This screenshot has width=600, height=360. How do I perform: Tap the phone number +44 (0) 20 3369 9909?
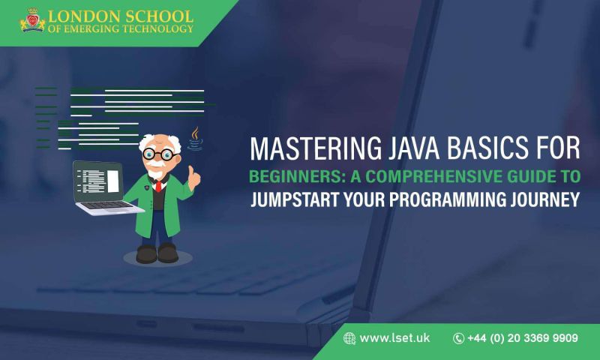pos(522,338)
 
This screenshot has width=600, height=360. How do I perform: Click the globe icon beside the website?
pos(349,338)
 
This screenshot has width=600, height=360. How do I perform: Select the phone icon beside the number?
pos(458,338)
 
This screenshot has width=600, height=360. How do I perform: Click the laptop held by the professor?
pos(100,187)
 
